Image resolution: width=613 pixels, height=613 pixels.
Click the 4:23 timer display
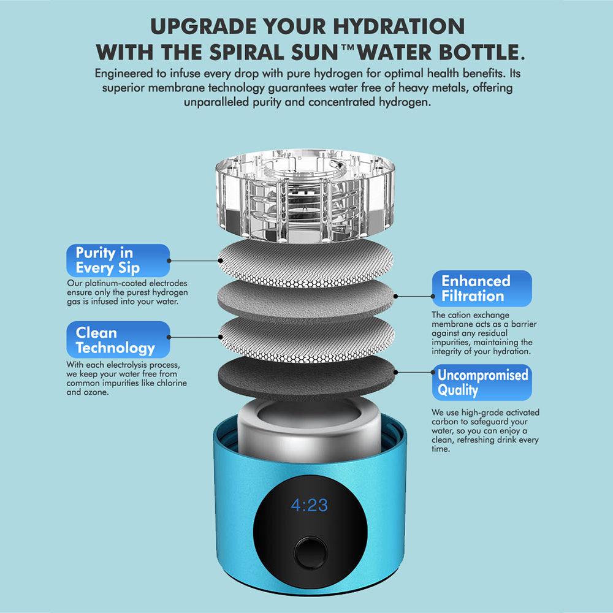tap(309, 506)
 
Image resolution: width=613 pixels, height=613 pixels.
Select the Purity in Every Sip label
tap(118, 261)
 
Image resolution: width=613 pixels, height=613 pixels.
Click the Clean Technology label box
tap(118, 340)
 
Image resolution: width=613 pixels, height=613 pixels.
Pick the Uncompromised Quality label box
tap(481, 383)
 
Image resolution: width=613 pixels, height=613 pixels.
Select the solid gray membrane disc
tap(306, 297)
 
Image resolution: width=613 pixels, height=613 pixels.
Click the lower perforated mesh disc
tap(306, 336)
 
